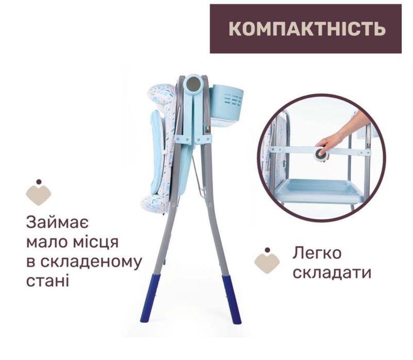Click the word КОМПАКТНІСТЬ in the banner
pyautogui.click(x=306, y=28)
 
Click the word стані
pyautogui.click(x=46, y=281)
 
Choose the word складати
pyautogui.click(x=332, y=272)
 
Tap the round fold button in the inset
pyautogui.click(x=321, y=153)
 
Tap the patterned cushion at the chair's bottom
pyautogui.click(x=155, y=202)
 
